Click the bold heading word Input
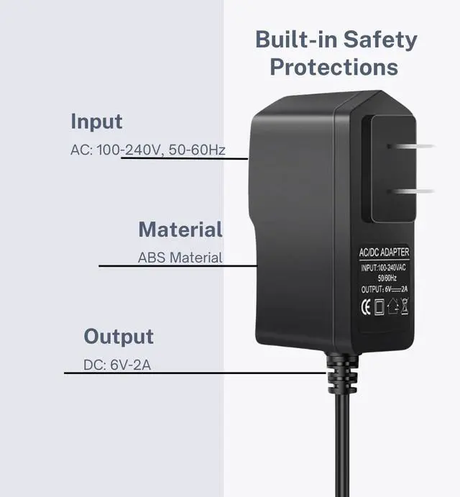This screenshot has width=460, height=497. pyautogui.click(x=96, y=122)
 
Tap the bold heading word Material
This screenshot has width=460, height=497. pyautogui.click(x=180, y=230)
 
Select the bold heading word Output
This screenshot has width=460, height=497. pyautogui.click(x=119, y=336)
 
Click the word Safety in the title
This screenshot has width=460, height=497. pyautogui.click(x=379, y=40)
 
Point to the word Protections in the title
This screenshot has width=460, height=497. pyautogui.click(x=333, y=67)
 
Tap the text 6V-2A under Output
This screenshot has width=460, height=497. pyautogui.click(x=131, y=365)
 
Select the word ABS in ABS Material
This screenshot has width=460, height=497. pyautogui.click(x=149, y=257)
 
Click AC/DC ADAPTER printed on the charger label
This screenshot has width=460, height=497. pyautogui.click(x=384, y=252)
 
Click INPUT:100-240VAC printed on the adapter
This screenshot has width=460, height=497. pyautogui.click(x=384, y=268)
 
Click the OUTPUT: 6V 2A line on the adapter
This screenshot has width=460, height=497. pyautogui.click(x=384, y=290)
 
